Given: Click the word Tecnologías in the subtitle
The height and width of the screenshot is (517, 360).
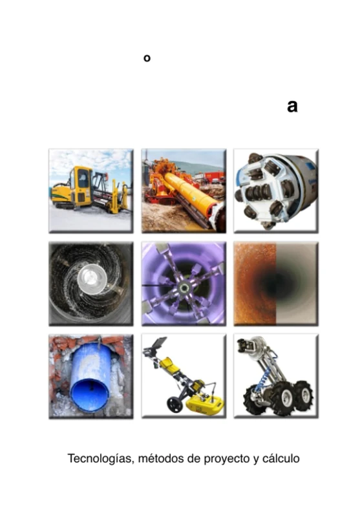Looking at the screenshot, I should pyautogui.click(x=94, y=459).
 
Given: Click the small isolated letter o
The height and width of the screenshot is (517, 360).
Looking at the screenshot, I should pyautogui.click(x=147, y=58).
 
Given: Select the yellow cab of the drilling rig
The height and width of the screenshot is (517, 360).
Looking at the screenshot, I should pyautogui.click(x=82, y=184).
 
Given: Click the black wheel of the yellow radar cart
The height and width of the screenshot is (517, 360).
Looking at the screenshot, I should pyautogui.click(x=173, y=405).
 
